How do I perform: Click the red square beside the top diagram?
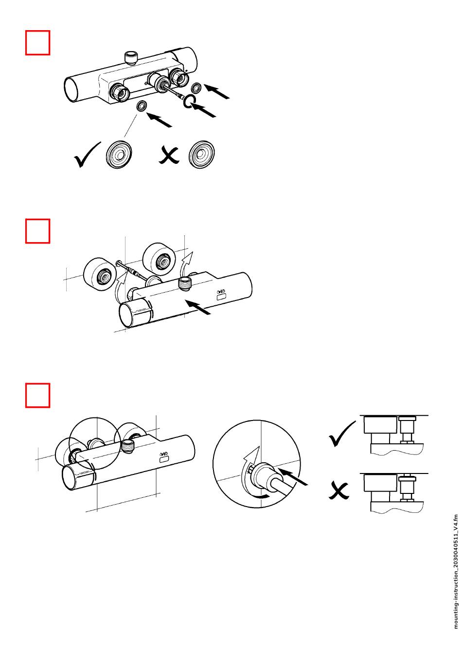(38, 43)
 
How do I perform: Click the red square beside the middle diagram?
(38, 231)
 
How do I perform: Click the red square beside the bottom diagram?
(38, 395)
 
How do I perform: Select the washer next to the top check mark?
(119, 155)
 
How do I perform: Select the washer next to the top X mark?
(202, 155)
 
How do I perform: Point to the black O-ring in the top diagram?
(190, 101)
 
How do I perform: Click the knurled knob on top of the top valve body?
(130, 57)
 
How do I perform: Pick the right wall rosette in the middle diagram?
(159, 259)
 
